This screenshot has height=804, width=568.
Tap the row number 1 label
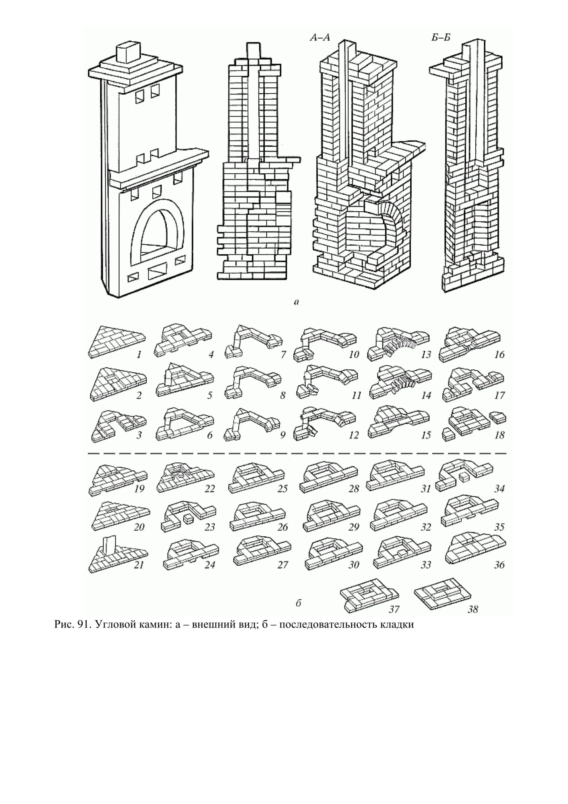(139, 355)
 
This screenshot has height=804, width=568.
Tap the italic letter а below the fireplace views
(296, 301)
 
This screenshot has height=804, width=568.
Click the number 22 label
(209, 488)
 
